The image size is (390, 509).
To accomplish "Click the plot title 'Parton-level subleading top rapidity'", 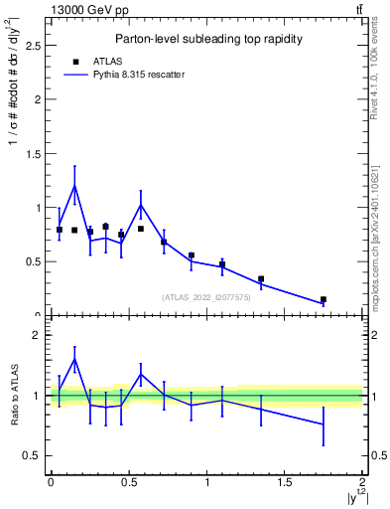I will tap(205, 39).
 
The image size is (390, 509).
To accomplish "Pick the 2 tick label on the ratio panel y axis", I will tap(38, 335).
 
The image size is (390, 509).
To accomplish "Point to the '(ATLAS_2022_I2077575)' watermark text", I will tap(205, 296).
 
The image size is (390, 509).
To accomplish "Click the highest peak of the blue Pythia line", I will tap(74, 186).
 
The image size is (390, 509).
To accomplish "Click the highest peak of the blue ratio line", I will tap(74, 360).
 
